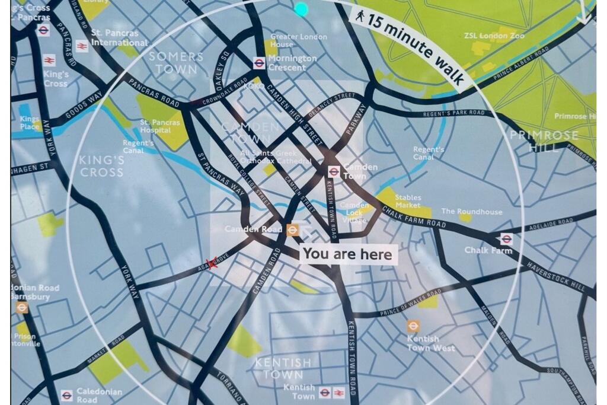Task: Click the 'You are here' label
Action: pyautogui.click(x=347, y=254)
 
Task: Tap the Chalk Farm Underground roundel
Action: pyautogui.click(x=506, y=239)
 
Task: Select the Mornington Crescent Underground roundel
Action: pyautogui.click(x=259, y=63)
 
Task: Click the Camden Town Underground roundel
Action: pyautogui.click(x=334, y=172)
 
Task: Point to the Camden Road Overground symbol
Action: pyautogui.click(x=293, y=229)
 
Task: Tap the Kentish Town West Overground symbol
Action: pyautogui.click(x=413, y=326)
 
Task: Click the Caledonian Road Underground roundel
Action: pyautogui.click(x=66, y=396)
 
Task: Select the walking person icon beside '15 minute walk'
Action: pyautogui.click(x=360, y=16)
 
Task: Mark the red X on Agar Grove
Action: pyautogui.click(x=212, y=263)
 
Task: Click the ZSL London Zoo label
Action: pyautogui.click(x=494, y=36)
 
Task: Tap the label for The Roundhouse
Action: pyautogui.click(x=471, y=212)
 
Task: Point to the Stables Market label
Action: pyautogui.click(x=408, y=202)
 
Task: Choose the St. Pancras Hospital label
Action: pyautogui.click(x=155, y=126)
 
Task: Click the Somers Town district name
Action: pyautogui.click(x=176, y=63)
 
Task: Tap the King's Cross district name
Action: pyautogui.click(x=102, y=166)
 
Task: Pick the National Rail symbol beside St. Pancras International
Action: pyautogui.click(x=82, y=46)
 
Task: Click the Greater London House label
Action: pyautogui.click(x=298, y=40)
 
